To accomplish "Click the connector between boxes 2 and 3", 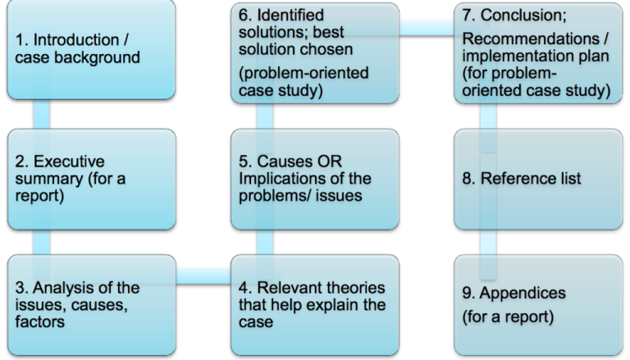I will (40, 242).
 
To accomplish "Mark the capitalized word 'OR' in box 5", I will (339, 161).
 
